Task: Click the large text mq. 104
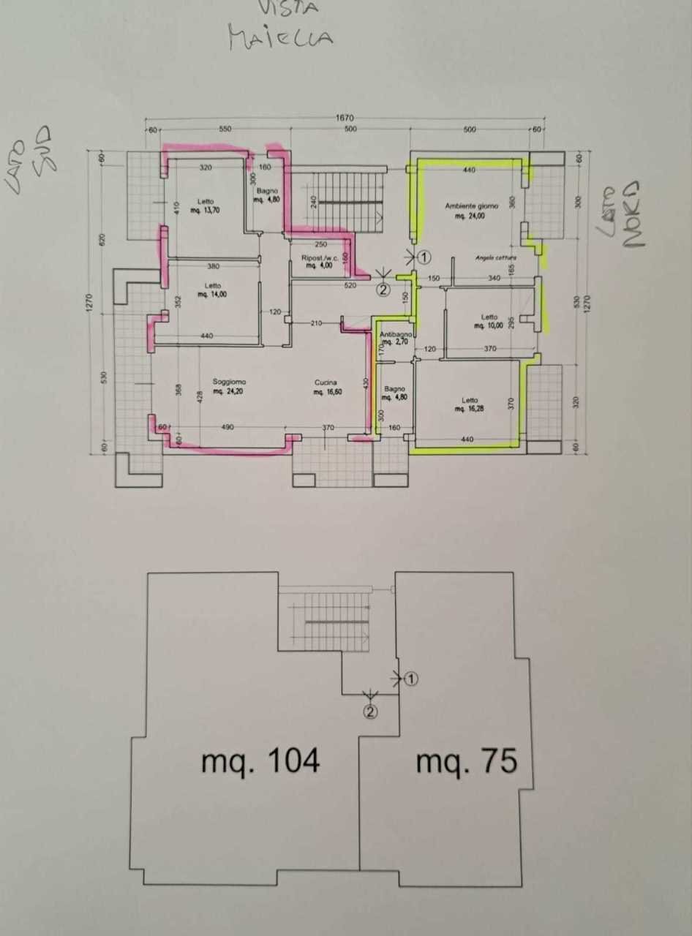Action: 260,761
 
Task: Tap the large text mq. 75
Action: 467,761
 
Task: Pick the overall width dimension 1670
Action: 345,116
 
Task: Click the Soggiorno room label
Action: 229,382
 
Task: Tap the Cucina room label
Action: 326,382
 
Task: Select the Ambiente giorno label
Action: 471,206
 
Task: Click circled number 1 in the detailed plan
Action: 425,257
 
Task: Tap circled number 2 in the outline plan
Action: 371,711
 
